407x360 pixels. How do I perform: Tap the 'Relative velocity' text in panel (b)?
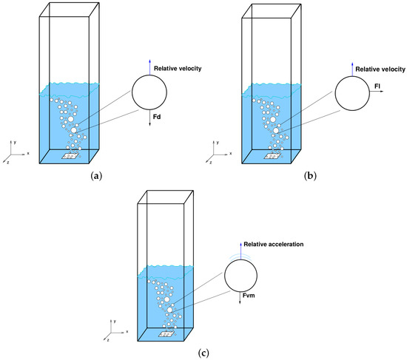(381, 69)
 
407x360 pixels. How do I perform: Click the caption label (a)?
(95, 177)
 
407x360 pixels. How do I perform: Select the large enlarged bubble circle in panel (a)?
(150, 92)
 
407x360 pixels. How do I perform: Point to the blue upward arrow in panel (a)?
(150, 67)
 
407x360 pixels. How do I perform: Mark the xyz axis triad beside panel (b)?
(213, 155)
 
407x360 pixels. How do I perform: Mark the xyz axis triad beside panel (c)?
(111, 330)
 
